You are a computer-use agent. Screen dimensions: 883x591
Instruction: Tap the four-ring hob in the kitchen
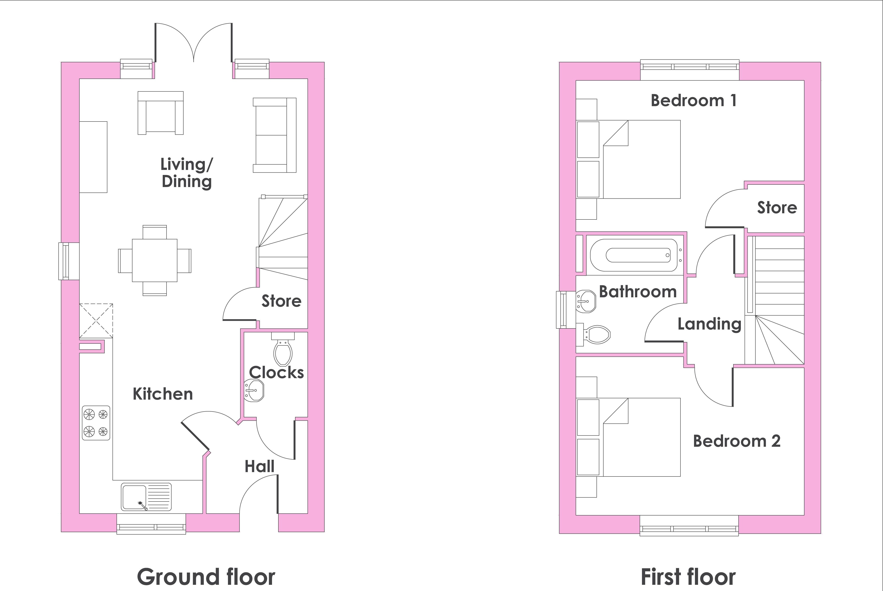click(96, 423)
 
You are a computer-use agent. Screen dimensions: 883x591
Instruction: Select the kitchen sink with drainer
click(146, 497)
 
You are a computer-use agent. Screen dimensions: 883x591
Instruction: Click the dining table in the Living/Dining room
click(154, 260)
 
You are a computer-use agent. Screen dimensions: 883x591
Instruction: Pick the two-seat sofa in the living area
click(275, 135)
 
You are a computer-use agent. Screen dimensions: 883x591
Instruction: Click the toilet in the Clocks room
click(283, 349)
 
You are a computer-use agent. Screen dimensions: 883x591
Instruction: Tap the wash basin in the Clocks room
click(254, 390)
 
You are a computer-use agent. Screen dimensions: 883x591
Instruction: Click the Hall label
click(260, 467)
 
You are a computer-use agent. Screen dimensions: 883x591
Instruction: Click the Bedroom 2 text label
click(737, 441)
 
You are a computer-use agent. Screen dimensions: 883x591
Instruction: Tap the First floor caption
click(688, 577)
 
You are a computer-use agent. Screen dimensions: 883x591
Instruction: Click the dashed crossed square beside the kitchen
click(96, 321)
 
